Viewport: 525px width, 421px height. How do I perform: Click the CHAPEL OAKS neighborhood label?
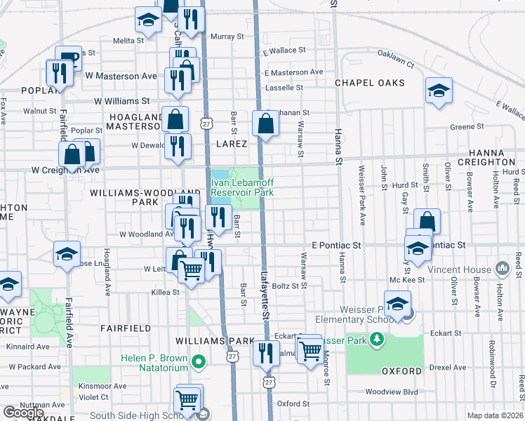[x=369, y=83]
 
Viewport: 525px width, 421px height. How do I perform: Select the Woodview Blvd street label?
[x=392, y=392]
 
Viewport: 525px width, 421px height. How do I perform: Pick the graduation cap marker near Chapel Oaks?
[x=439, y=91]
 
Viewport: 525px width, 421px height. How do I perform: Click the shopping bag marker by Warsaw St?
[x=266, y=124]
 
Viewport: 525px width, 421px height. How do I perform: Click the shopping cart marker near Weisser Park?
[x=310, y=349]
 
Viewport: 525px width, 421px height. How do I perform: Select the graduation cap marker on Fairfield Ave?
[x=67, y=254]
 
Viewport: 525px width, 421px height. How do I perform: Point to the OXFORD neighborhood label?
[x=401, y=370]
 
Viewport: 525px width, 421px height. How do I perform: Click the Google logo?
[x=24, y=413]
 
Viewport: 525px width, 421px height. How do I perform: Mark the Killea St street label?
[x=166, y=292]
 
